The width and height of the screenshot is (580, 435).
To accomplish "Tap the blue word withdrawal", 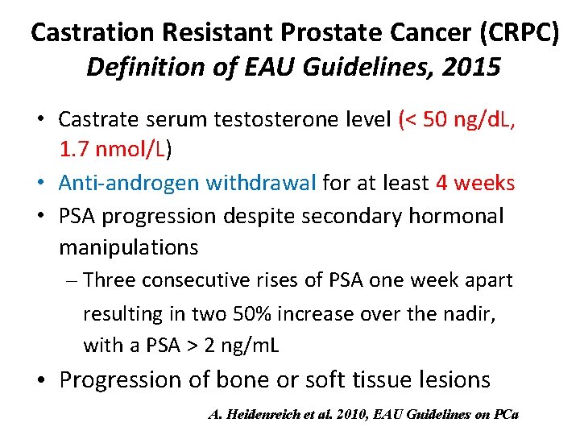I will pos(261,183).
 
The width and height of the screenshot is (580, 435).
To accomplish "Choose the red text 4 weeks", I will pos(474,183).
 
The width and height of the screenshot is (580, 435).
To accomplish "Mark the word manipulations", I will pos(128,246).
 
